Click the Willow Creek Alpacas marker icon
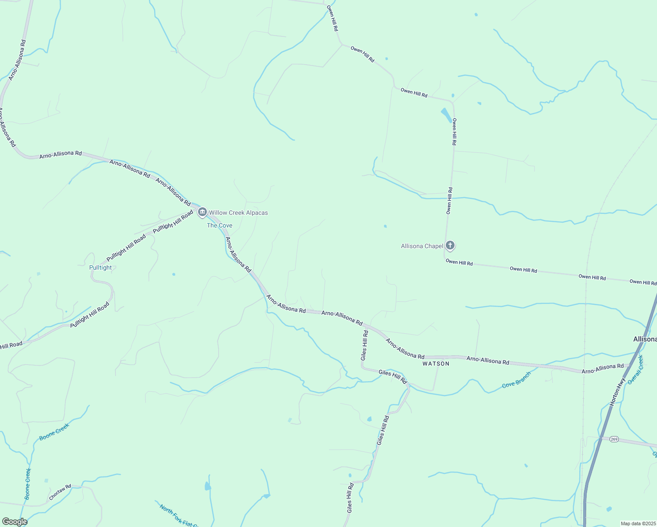click(202, 213)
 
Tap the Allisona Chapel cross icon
click(450, 245)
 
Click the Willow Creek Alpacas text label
click(238, 213)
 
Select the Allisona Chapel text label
click(422, 246)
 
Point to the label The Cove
click(220, 225)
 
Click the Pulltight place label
click(101, 267)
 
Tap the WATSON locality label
click(436, 364)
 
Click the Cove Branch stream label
click(516, 379)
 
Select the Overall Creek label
click(635, 370)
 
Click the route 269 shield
click(614, 439)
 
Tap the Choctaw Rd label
click(60, 492)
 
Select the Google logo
click(14, 522)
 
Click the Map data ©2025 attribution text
click(638, 523)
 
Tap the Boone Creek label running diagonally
click(54, 432)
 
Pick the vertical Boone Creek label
click(28, 484)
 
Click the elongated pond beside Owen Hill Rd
click(446, 115)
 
